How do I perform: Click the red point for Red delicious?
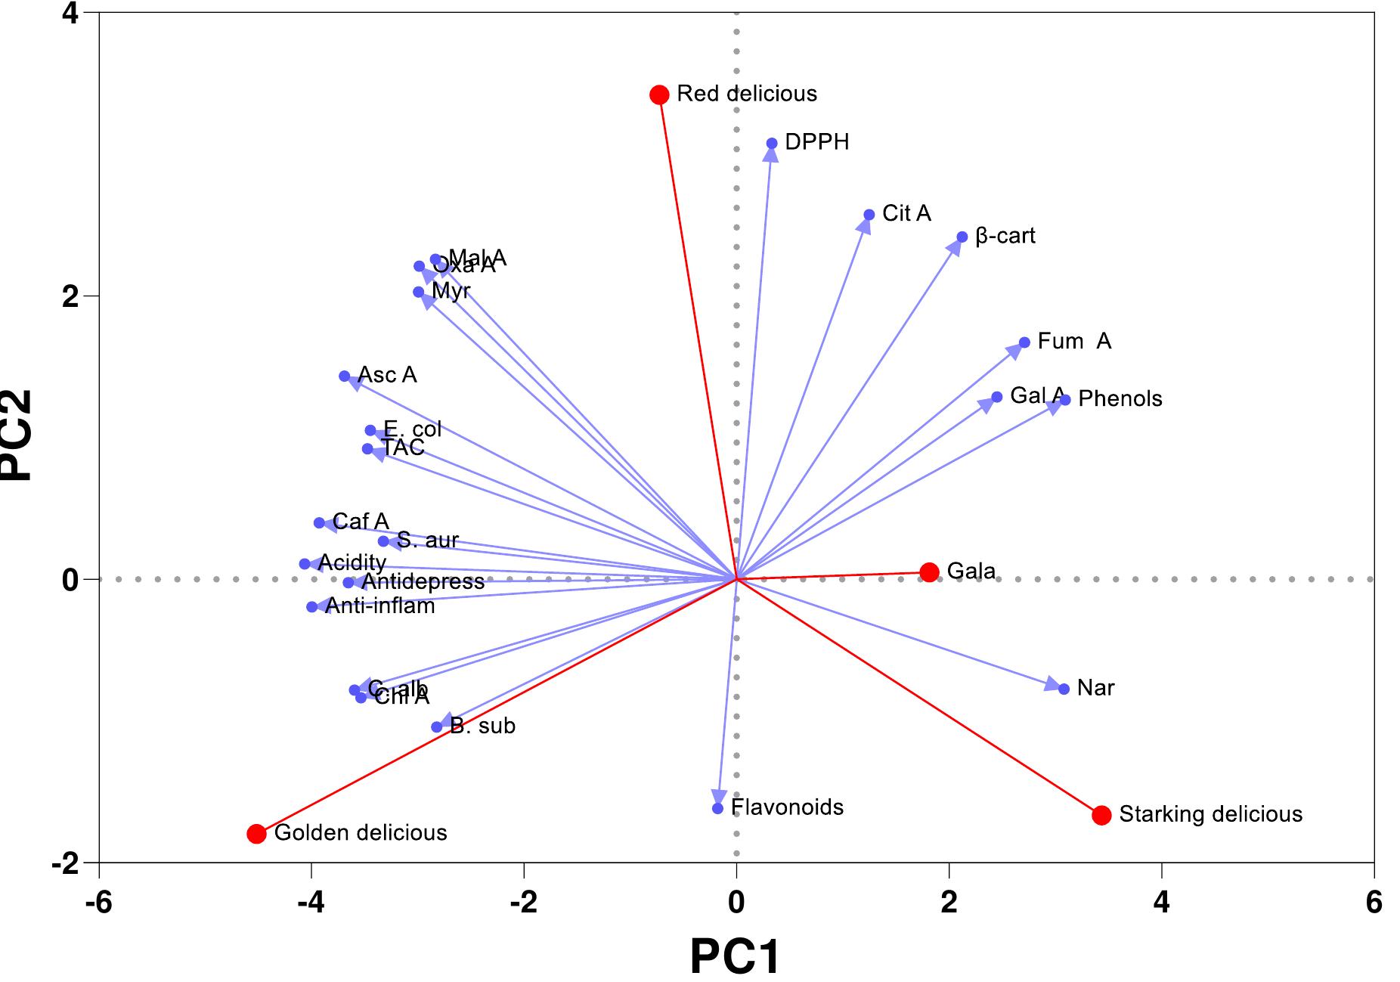coord(659,94)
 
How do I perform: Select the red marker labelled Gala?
coord(930,572)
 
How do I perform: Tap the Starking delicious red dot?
coord(1101,815)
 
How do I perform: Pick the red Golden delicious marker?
coord(256,834)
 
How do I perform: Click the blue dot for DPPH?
coord(772,144)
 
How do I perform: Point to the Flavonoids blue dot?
coord(717,808)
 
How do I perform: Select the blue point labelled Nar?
coord(1064,689)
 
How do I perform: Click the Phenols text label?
coord(1120,399)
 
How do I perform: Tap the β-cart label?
coord(1005,237)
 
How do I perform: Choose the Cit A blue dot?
coord(869,215)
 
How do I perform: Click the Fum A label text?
coord(1073,342)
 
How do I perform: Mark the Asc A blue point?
coord(345,376)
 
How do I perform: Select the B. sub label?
coord(482,726)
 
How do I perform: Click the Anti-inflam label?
coord(379,606)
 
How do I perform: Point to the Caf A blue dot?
coord(319,523)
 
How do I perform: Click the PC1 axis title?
coord(735,956)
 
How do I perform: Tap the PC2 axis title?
coord(17,435)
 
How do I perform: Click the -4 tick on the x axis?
coord(311,903)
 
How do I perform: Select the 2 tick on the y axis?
coord(71,296)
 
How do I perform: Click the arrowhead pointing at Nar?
coord(1053,685)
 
